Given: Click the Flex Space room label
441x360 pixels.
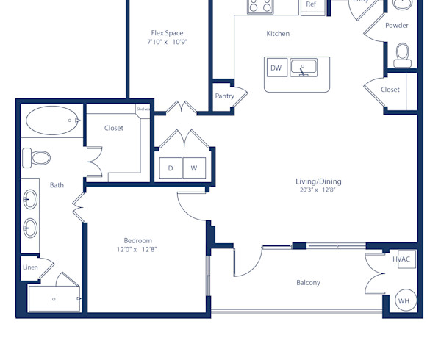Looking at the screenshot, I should [167, 33].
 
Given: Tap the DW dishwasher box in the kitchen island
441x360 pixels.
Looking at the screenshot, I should [276, 68].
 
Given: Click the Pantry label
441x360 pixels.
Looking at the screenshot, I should [224, 96].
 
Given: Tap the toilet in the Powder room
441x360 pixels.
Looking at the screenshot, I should [402, 53].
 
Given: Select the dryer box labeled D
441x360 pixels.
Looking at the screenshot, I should [171, 168].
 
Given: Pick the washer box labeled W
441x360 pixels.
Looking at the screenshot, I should [194, 168].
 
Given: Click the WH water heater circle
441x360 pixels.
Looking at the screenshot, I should [404, 301].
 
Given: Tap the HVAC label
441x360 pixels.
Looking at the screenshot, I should [401, 259].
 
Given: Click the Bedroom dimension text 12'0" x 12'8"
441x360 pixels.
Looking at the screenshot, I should [137, 250].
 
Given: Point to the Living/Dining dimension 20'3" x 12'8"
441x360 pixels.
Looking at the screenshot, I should [318, 190].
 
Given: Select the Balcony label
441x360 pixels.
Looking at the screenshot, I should [308, 283].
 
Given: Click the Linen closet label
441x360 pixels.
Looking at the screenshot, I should [30, 267].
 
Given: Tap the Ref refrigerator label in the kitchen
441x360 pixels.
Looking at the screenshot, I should [311, 4].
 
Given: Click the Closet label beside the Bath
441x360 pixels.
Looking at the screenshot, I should [114, 128].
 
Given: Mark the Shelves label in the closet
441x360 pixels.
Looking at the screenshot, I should [143, 109].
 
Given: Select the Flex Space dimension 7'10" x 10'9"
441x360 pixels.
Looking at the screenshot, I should [167, 43].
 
